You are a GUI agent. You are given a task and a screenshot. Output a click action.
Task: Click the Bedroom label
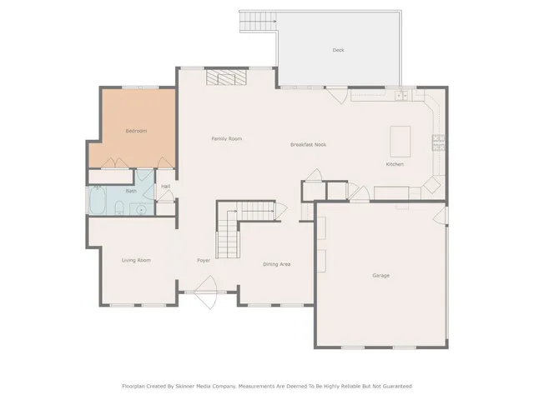pyautogui.click(x=136, y=131)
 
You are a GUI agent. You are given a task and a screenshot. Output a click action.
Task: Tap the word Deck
pyautogui.click(x=338, y=50)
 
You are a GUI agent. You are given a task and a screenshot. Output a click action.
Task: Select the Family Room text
pyautogui.click(x=226, y=138)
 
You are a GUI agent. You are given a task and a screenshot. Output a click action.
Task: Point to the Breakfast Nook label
pyautogui.click(x=308, y=144)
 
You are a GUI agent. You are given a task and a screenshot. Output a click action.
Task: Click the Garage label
pyautogui.click(x=380, y=275)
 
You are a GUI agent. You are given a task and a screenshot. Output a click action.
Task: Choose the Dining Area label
pyautogui.click(x=276, y=264)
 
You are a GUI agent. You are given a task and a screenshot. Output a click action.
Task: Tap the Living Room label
pyautogui.click(x=136, y=261)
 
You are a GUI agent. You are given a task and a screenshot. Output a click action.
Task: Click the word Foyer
pyautogui.click(x=204, y=261)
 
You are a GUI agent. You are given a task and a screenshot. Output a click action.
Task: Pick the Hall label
pyautogui.click(x=165, y=186)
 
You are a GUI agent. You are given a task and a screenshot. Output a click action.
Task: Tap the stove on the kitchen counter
pyautogui.click(x=436, y=142)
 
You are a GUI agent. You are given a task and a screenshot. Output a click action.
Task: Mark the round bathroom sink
pyautogui.click(x=141, y=208)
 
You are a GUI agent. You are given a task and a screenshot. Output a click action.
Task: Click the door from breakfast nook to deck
pyautogui.click(x=338, y=94)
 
